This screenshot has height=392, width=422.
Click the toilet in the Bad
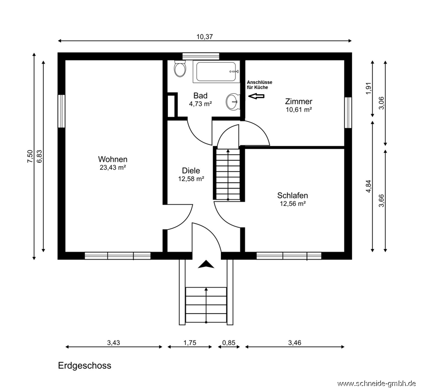click(180, 68)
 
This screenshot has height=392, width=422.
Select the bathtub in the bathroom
click(216, 71)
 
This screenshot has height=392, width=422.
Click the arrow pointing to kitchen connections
click(256, 96)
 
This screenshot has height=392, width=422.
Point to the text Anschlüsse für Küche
click(260, 85)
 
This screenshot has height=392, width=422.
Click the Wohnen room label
click(113, 159)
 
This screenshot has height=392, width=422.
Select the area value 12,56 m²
click(292, 203)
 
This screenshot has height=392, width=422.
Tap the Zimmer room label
click(299, 101)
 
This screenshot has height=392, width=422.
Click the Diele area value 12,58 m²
click(191, 179)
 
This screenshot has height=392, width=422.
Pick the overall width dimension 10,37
click(205, 37)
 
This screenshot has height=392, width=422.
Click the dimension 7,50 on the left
click(30, 156)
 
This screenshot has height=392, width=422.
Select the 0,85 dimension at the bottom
click(229, 343)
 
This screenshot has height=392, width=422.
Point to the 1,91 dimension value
click(368, 88)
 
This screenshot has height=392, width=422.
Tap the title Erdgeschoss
click(84, 366)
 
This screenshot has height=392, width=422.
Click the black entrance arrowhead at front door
click(206, 264)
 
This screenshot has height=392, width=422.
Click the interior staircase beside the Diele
click(228, 175)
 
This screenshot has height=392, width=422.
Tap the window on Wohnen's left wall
click(62, 111)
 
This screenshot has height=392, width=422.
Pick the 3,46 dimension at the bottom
click(295, 343)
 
